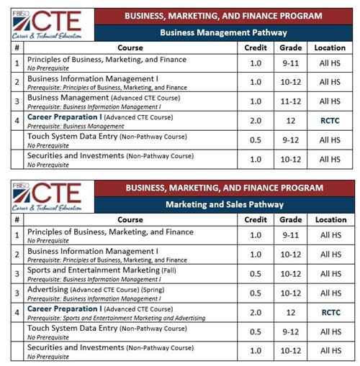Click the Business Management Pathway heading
pyautogui.click(x=222, y=32)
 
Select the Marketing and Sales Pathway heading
pyautogui.click(x=222, y=204)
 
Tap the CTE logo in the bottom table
pyautogui.click(x=45, y=194)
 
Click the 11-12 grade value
pyautogui.click(x=291, y=101)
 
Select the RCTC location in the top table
pyautogui.click(x=330, y=121)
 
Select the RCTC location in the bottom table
pyautogui.click(x=330, y=313)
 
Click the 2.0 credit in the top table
pyautogui.click(x=256, y=121)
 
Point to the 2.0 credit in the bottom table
pyautogui.click(x=256, y=313)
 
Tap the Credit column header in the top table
pyautogui.click(x=256, y=47)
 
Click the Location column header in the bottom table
pyautogui.click(x=330, y=219)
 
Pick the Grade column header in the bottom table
pyautogui.click(x=291, y=219)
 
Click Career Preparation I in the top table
pyautogui.click(x=62, y=116)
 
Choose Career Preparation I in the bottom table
pyautogui.click(x=62, y=308)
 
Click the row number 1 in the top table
pyautogui.click(x=16, y=63)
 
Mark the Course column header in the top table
pyautogui.click(x=130, y=47)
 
